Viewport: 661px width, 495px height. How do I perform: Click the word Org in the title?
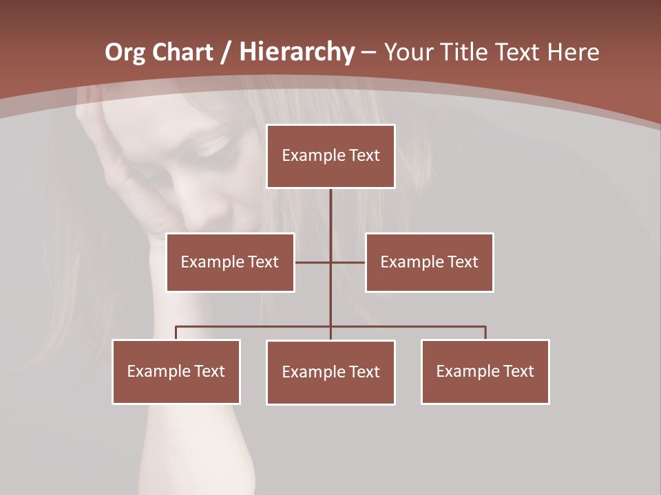125,52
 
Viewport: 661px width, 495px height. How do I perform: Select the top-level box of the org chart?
330,156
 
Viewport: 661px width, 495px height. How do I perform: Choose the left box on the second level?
230,262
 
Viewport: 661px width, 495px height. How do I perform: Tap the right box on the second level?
429,262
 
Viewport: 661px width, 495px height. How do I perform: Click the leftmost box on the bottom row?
176,371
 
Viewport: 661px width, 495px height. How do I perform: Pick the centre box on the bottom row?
330,372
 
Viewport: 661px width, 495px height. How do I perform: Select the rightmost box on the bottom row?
485,371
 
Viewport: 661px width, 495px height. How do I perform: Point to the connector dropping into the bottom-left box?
176,333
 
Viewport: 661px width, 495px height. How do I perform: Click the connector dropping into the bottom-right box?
485,333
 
